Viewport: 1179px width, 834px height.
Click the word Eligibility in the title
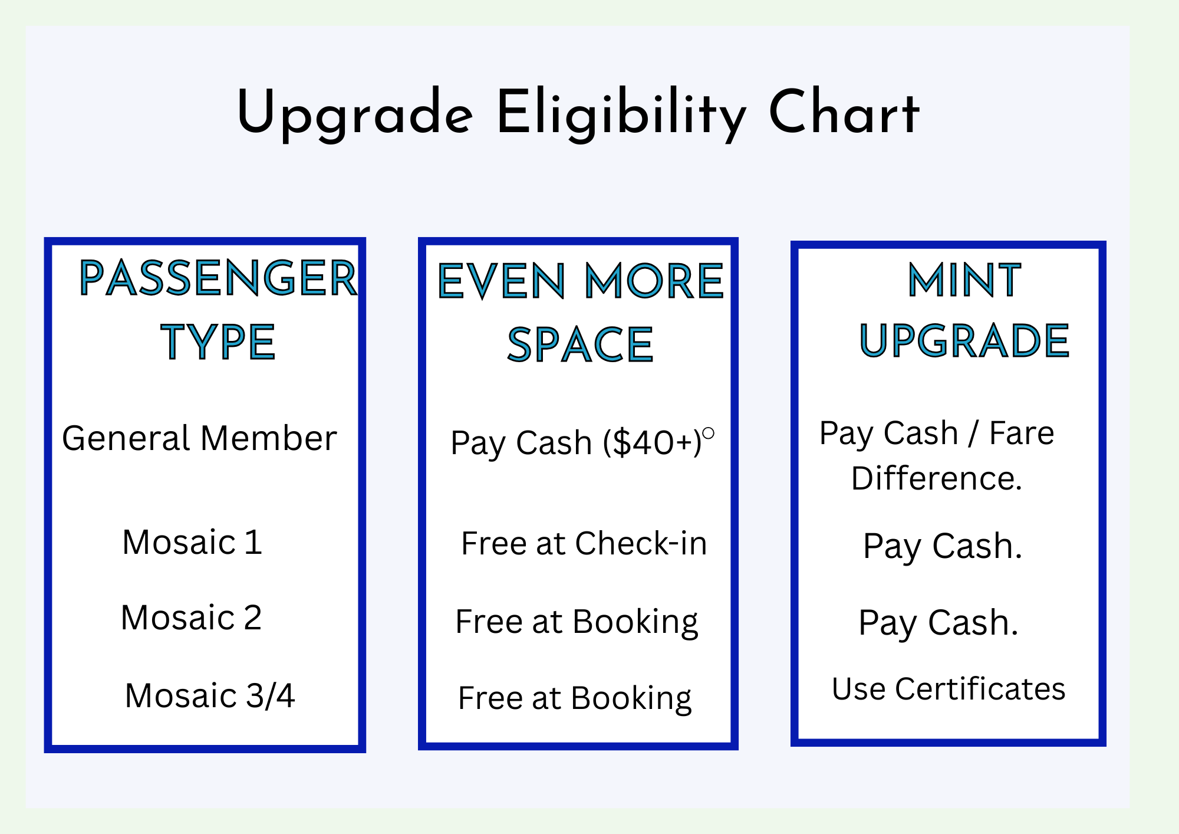[621, 114]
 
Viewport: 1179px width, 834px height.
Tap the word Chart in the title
[844, 112]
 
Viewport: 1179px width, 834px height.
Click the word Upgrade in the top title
[354, 114]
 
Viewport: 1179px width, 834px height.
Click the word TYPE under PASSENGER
[218, 342]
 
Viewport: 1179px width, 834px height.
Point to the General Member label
[199, 438]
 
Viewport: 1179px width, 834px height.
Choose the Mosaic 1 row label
[192, 542]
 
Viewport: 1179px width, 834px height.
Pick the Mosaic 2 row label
[191, 618]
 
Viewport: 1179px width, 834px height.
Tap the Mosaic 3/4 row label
[210, 695]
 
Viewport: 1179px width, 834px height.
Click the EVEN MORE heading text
[581, 281]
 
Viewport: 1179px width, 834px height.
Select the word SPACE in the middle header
[581, 345]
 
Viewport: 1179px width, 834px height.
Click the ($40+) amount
[652, 443]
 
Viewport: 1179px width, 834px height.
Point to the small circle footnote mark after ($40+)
[709, 434]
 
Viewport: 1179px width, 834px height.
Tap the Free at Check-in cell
[584, 543]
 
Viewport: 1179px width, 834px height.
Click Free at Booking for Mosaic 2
[577, 622]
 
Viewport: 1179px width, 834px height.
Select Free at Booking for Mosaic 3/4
[575, 699]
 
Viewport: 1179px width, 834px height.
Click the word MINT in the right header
[964, 280]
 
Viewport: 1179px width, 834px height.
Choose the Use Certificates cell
[949, 689]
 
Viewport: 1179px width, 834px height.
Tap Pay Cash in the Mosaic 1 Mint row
[942, 547]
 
